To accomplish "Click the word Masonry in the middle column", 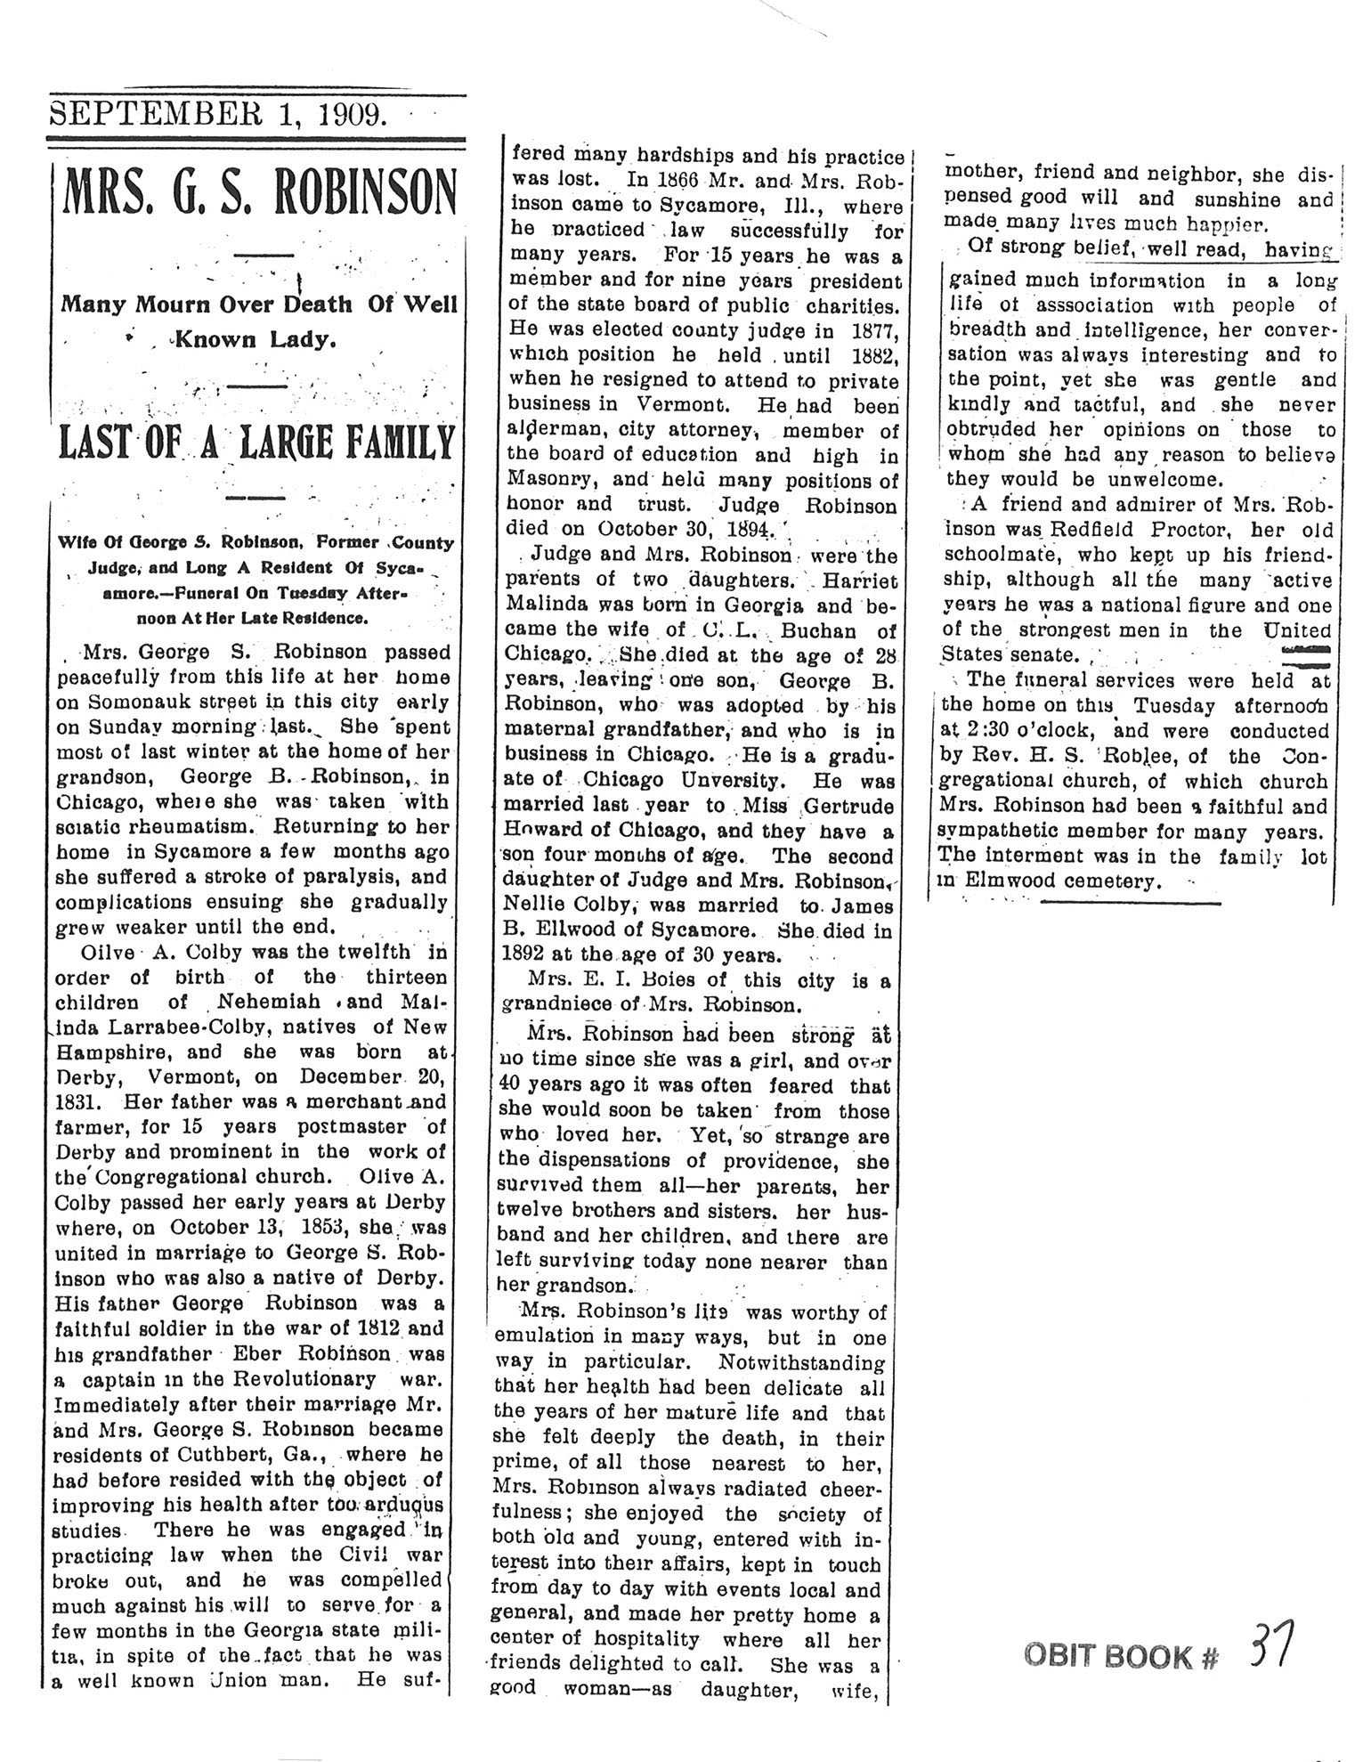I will click(545, 481).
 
